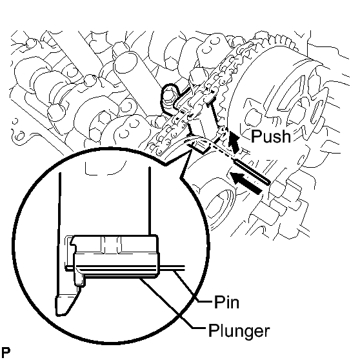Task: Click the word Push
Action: [271, 136]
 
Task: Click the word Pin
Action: [226, 302]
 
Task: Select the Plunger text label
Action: [239, 331]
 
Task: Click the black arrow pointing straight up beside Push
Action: [234, 143]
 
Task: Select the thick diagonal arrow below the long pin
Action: [246, 183]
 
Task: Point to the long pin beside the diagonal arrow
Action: [252, 171]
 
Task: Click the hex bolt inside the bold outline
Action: [170, 95]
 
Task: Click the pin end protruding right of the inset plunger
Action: [172, 268]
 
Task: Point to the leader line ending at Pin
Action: [194, 286]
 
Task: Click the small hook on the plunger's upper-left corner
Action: [73, 242]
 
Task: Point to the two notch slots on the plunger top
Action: [111, 244]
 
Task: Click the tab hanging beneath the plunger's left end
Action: [79, 281]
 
